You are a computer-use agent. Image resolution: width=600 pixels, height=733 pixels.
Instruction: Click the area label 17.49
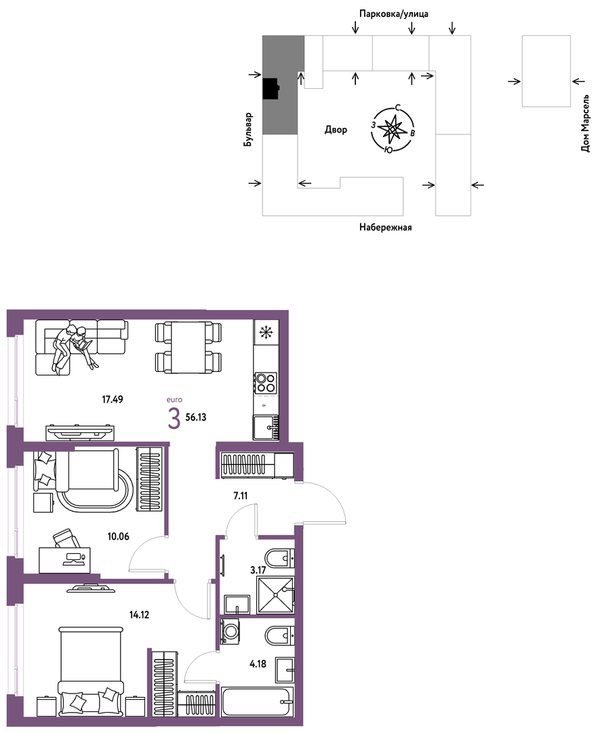(113, 399)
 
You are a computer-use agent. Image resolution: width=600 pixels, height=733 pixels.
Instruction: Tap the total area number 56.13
(196, 417)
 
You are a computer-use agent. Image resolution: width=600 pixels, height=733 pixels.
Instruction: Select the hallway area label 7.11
(241, 496)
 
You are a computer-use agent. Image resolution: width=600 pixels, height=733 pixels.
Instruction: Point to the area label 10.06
(118, 537)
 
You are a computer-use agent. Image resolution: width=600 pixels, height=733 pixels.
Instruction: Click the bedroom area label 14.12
(139, 615)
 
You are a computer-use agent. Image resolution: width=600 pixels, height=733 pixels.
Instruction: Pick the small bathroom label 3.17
(258, 570)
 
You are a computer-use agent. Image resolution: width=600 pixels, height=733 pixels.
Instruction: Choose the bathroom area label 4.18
(258, 663)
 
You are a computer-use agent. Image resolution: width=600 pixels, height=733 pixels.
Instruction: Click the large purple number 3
(174, 418)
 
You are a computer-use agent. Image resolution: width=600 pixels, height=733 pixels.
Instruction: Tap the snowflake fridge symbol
(266, 333)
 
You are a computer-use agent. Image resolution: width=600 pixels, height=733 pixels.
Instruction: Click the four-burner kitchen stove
(266, 382)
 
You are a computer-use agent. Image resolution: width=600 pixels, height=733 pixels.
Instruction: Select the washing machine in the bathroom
(231, 632)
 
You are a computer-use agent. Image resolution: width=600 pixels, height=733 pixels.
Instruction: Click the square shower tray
(275, 595)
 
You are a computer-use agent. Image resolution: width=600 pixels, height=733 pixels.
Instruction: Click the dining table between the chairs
(188, 347)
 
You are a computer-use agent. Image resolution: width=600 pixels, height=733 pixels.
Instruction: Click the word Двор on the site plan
(336, 130)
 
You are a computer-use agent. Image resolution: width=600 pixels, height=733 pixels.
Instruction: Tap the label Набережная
(386, 227)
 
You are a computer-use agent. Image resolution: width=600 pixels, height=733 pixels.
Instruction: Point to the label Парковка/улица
(394, 14)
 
